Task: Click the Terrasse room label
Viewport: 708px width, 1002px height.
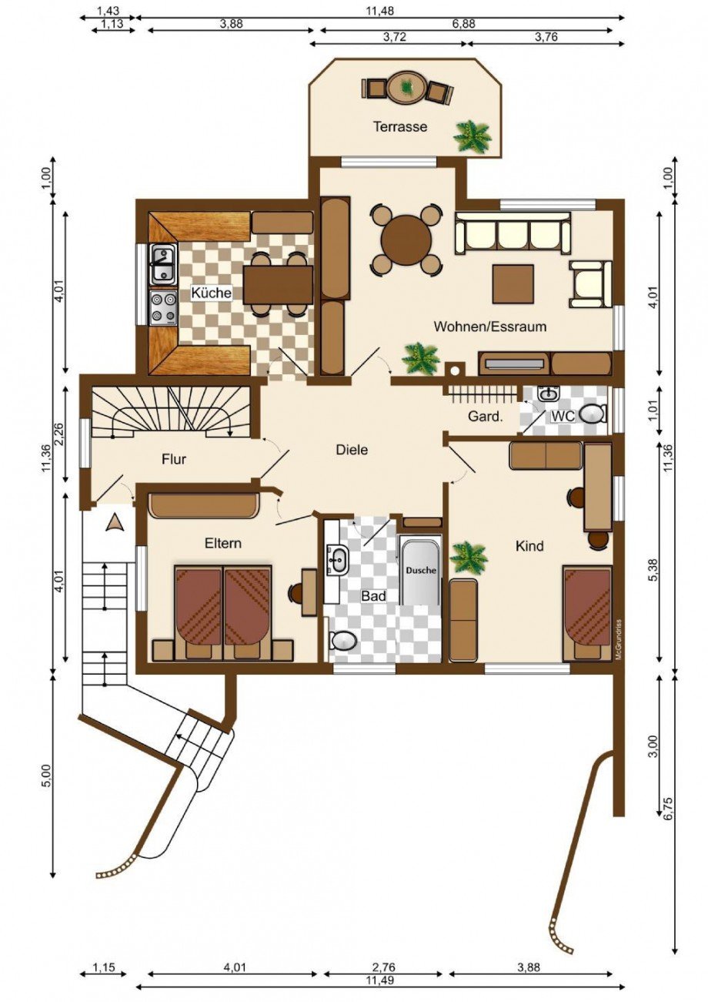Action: pyautogui.click(x=400, y=126)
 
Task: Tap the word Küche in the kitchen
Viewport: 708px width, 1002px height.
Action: pyautogui.click(x=211, y=293)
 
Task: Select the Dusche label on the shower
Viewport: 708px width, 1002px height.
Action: pyautogui.click(x=421, y=571)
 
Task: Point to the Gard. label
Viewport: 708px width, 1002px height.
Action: pyautogui.click(x=486, y=417)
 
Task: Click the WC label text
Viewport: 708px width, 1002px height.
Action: pyautogui.click(x=563, y=416)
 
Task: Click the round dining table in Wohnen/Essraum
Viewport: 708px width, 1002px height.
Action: pyautogui.click(x=406, y=240)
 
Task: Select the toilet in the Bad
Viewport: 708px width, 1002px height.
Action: pyautogui.click(x=342, y=641)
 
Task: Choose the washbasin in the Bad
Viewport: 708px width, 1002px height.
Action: pyautogui.click(x=338, y=560)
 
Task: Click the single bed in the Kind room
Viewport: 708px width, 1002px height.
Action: pyautogui.click(x=587, y=613)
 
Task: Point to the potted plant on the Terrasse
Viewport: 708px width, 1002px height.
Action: pyautogui.click(x=473, y=137)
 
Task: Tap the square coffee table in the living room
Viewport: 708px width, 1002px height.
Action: pyautogui.click(x=513, y=284)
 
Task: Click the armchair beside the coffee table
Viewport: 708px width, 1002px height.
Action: pyautogui.click(x=590, y=284)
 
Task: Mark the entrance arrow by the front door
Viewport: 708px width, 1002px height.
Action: pyautogui.click(x=115, y=522)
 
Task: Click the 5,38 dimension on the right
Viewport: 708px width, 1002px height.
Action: pyautogui.click(x=654, y=583)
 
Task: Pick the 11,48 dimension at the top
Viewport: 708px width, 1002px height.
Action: pyautogui.click(x=380, y=11)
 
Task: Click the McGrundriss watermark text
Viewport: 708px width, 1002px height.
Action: pyautogui.click(x=618, y=640)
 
